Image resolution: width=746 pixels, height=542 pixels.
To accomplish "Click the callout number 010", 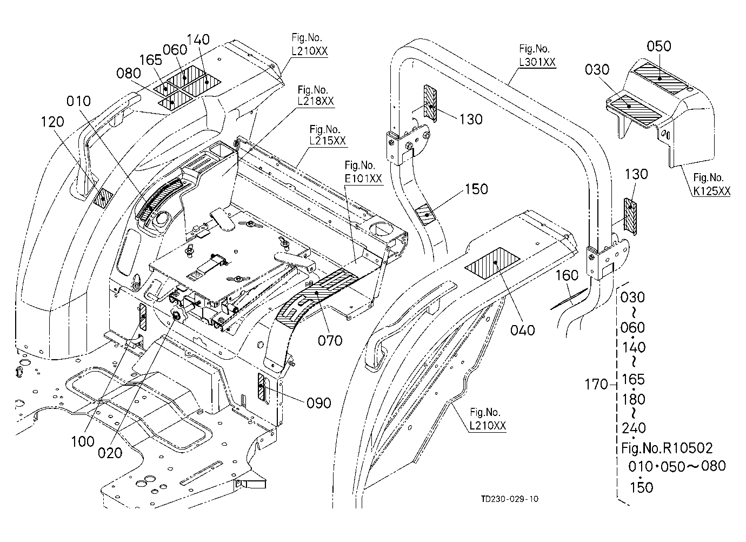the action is pyautogui.click(x=78, y=101).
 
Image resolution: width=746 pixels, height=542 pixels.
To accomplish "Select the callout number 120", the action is pyautogui.click(x=52, y=122).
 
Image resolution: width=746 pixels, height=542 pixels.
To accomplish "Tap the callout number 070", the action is pyautogui.click(x=330, y=341).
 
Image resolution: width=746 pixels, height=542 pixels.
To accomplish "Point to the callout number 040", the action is pyautogui.click(x=523, y=331).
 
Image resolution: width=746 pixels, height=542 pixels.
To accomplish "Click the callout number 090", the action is pyautogui.click(x=319, y=404).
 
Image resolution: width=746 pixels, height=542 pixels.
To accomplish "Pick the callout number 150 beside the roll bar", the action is pyautogui.click(x=476, y=189).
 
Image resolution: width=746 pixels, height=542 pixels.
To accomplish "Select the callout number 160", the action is pyautogui.click(x=567, y=275).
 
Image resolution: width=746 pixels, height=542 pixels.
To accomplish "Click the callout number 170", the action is pyautogui.click(x=596, y=385).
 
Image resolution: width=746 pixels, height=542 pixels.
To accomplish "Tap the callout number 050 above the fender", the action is pyautogui.click(x=659, y=46).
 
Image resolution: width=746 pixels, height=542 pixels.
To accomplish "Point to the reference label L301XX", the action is pyautogui.click(x=537, y=62).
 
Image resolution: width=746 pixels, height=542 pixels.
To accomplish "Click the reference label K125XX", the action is pyautogui.click(x=712, y=191).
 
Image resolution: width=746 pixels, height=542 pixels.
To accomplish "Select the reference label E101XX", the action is pyautogui.click(x=363, y=179).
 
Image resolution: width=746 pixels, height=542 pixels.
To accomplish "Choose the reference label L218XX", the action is pyautogui.click(x=315, y=101).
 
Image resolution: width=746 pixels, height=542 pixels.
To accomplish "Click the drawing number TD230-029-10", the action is pyautogui.click(x=510, y=499).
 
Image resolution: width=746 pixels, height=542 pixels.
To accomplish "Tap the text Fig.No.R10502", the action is pyautogui.click(x=667, y=448).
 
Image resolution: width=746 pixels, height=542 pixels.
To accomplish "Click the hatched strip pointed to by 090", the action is pyautogui.click(x=261, y=387).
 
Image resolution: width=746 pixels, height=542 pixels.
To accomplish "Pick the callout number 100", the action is pyautogui.click(x=83, y=442).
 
